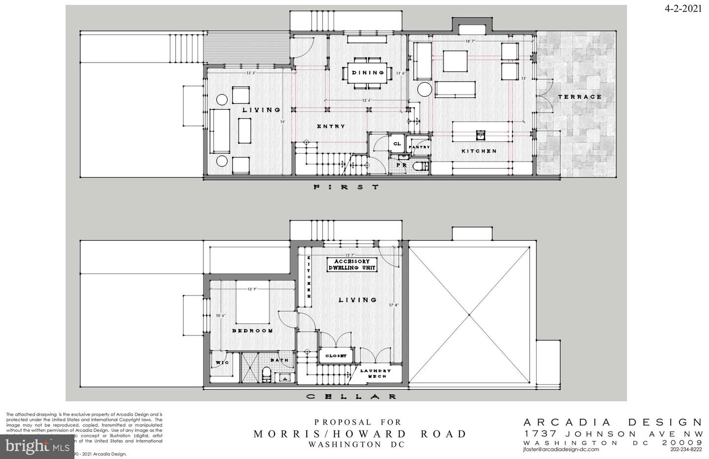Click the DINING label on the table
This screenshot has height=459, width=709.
coord(368,73)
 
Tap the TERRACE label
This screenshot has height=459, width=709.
coord(580,97)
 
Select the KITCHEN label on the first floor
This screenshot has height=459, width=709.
coord(479,151)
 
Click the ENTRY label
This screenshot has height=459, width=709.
coord(331,127)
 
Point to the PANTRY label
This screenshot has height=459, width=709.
coord(419,147)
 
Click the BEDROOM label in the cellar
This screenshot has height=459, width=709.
coord(252,331)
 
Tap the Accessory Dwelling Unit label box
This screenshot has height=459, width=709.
coord(352,265)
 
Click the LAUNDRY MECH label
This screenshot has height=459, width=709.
coord(375,373)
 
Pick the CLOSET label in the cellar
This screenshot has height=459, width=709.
coord(336,355)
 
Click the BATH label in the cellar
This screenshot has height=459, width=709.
coord(279,360)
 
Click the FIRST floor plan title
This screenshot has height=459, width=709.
coord(347,187)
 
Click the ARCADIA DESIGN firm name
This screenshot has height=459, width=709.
coord(612,422)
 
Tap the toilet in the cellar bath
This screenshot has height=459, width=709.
coord(266,374)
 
